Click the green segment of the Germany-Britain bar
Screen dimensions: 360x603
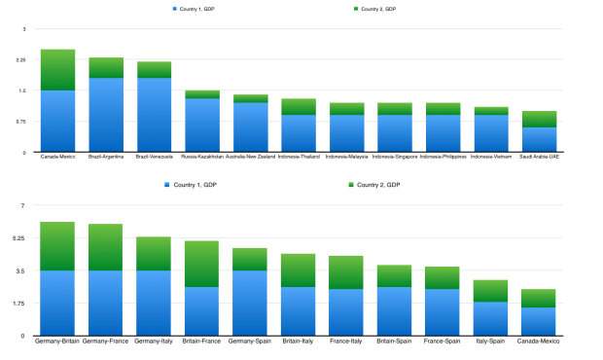57,246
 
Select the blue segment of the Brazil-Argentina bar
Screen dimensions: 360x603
106,115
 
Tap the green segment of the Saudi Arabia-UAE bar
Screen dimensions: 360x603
540,119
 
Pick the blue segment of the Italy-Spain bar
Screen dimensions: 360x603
491,318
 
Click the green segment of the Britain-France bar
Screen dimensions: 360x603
201,264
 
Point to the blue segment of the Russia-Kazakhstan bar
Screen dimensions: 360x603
202,126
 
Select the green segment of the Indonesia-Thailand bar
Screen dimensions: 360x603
299,106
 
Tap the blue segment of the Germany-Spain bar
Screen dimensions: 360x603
250,303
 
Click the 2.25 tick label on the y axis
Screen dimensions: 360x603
20,60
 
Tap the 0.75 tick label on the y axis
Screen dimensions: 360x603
20,122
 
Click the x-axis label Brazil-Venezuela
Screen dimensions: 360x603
154,156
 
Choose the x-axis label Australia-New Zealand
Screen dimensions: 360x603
250,156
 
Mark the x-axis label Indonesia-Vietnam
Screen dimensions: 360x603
491,156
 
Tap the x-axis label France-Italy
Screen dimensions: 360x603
345,341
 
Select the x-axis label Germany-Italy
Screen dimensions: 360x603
154,341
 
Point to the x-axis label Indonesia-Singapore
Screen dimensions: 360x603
395,156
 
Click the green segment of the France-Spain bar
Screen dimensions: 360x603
443,277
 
